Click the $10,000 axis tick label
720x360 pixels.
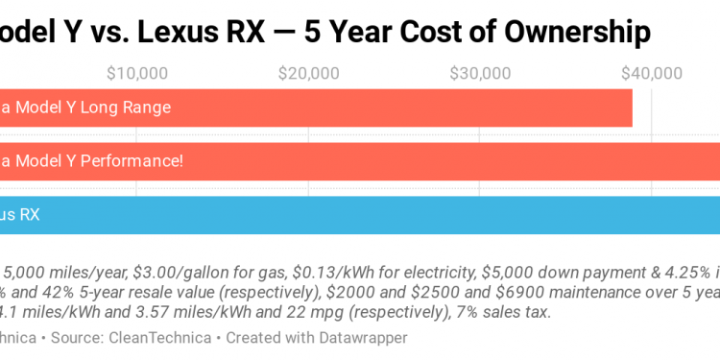[136, 72]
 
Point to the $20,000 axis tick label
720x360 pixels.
[308, 72]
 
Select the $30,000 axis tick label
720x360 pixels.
[479, 72]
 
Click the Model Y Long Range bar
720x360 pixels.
[384, 108]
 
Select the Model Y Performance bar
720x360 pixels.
[432, 160]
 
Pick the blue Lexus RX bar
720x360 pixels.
[384, 215]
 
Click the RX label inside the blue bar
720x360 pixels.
[29, 215]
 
